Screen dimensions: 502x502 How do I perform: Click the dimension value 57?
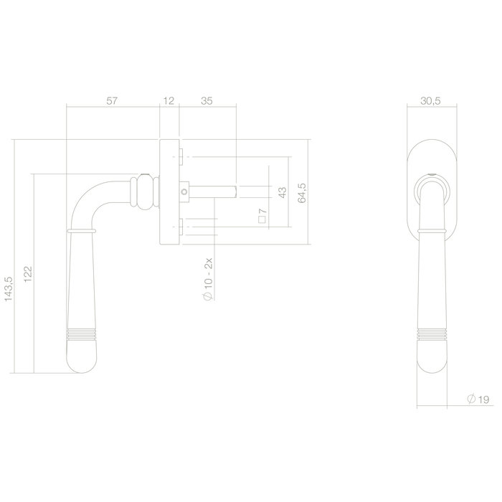tap(112, 101)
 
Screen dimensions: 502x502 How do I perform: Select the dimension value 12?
tap(169, 101)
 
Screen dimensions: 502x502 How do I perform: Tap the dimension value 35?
tap(207, 101)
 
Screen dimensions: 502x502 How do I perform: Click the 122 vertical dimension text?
tap(27, 273)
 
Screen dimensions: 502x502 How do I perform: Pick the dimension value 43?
tap(282, 191)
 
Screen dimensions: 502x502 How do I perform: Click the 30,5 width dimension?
tap(430, 101)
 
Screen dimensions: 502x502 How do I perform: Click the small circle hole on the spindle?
tap(186, 192)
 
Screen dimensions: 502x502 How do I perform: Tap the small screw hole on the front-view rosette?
tap(431, 175)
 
